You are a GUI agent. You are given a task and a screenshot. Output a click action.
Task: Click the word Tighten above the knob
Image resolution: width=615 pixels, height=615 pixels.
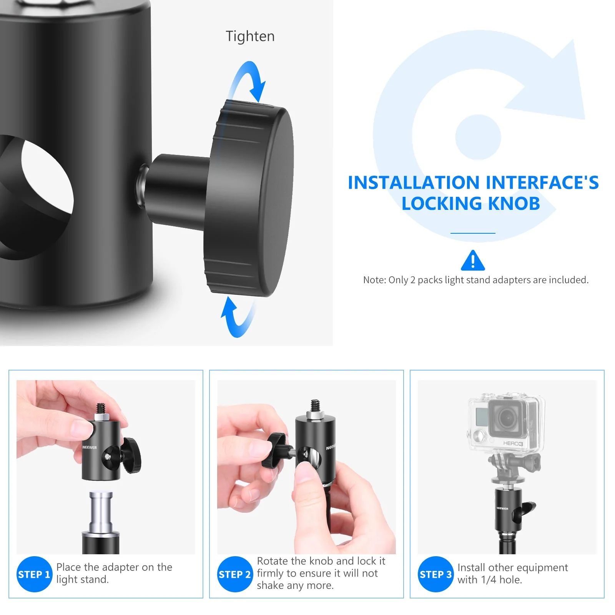click(250, 37)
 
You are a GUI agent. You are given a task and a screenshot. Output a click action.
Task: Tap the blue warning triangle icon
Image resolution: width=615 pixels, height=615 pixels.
click(473, 261)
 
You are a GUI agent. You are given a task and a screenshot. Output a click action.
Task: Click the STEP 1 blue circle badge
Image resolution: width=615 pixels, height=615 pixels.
click(34, 574)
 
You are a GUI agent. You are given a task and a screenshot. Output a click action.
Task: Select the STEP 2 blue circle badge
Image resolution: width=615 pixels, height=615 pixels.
click(235, 574)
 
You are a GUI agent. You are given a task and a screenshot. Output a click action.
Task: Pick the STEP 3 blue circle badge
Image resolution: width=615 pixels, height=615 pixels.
click(435, 574)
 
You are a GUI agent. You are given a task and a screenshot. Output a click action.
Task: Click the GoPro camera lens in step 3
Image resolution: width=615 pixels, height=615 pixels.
click(507, 418)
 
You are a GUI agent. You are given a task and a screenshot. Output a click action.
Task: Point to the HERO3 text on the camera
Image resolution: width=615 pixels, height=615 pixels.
click(513, 444)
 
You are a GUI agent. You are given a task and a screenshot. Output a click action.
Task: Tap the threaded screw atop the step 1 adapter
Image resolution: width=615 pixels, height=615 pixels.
click(101, 409)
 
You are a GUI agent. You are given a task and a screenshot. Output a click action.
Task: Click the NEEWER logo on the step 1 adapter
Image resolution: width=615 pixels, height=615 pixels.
click(90, 447)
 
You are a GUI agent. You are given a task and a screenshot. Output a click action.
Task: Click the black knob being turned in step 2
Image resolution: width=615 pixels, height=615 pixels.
click(274, 450)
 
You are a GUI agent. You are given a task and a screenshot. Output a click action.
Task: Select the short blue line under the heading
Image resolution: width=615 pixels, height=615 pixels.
click(473, 233)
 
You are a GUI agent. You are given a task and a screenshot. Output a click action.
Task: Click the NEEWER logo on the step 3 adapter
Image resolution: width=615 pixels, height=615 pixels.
click(502, 509)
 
